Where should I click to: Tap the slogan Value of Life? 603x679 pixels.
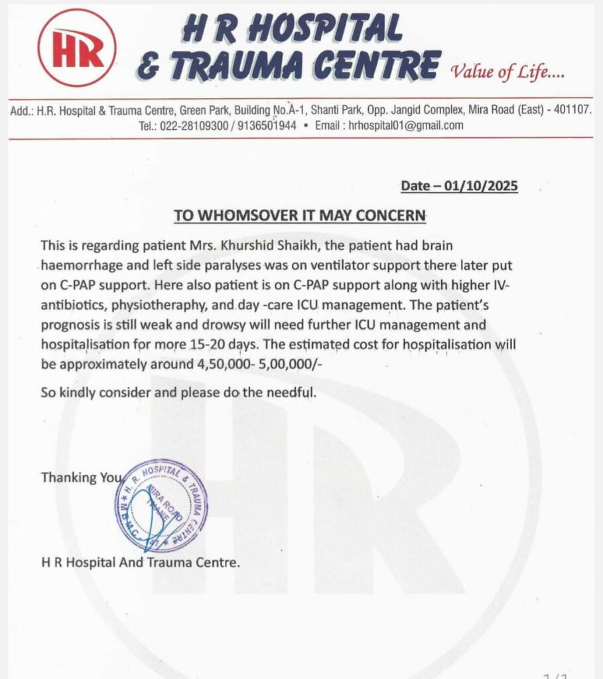(507, 71)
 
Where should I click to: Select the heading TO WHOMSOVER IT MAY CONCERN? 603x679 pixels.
(301, 216)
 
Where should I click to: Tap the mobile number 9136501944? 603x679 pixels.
(263, 125)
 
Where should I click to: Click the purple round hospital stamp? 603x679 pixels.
(161, 505)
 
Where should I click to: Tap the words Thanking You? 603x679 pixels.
(82, 477)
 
